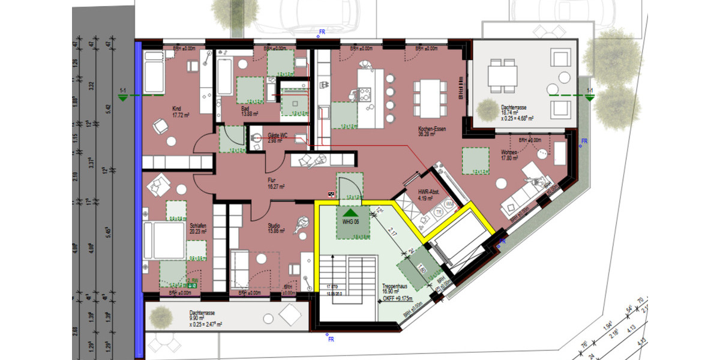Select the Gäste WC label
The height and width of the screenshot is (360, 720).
tap(265, 135)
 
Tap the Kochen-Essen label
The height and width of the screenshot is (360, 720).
tap(431, 129)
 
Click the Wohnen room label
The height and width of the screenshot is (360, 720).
tap(510, 152)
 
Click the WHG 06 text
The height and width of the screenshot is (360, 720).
tap(350, 222)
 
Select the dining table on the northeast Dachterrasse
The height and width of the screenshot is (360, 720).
tap(502, 76)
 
